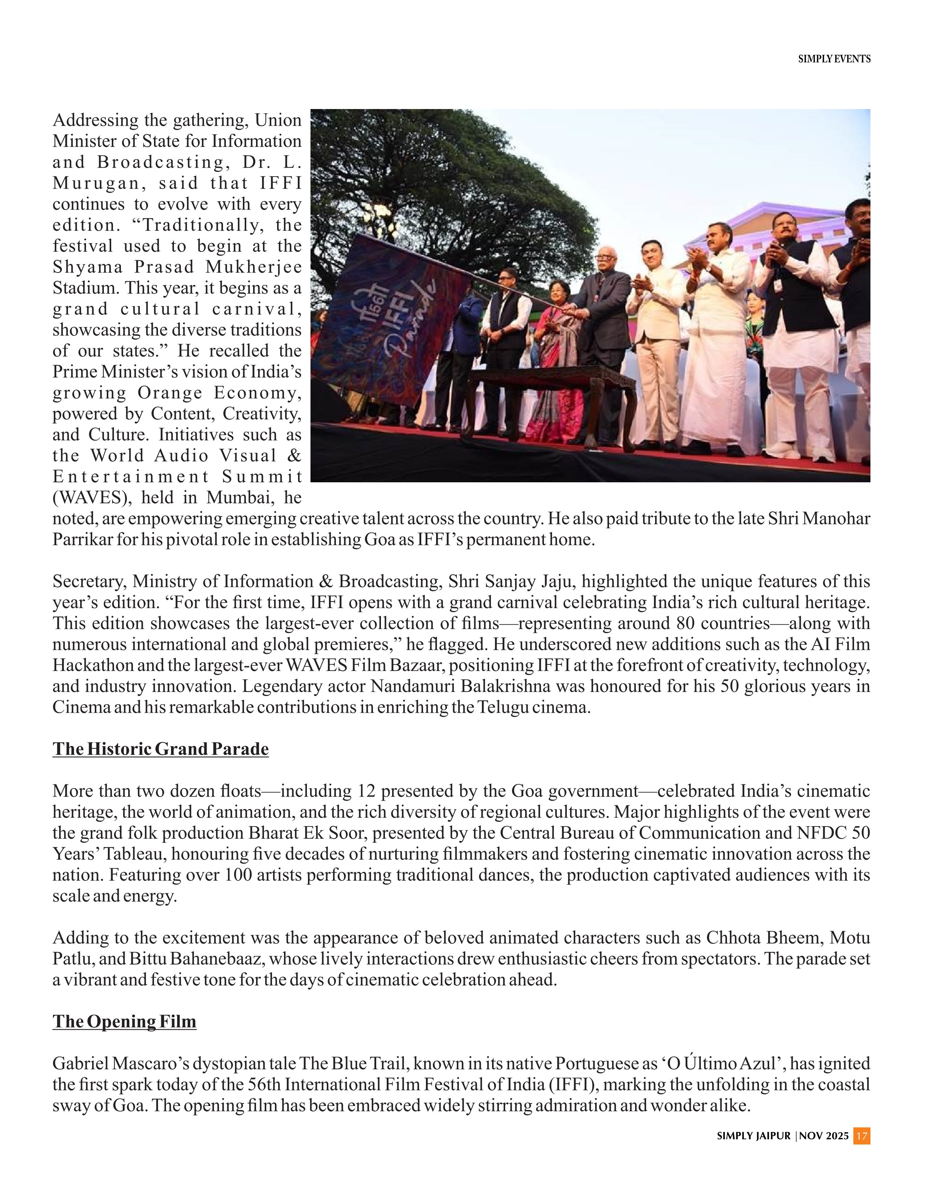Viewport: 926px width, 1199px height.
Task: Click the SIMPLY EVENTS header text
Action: (x=833, y=59)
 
